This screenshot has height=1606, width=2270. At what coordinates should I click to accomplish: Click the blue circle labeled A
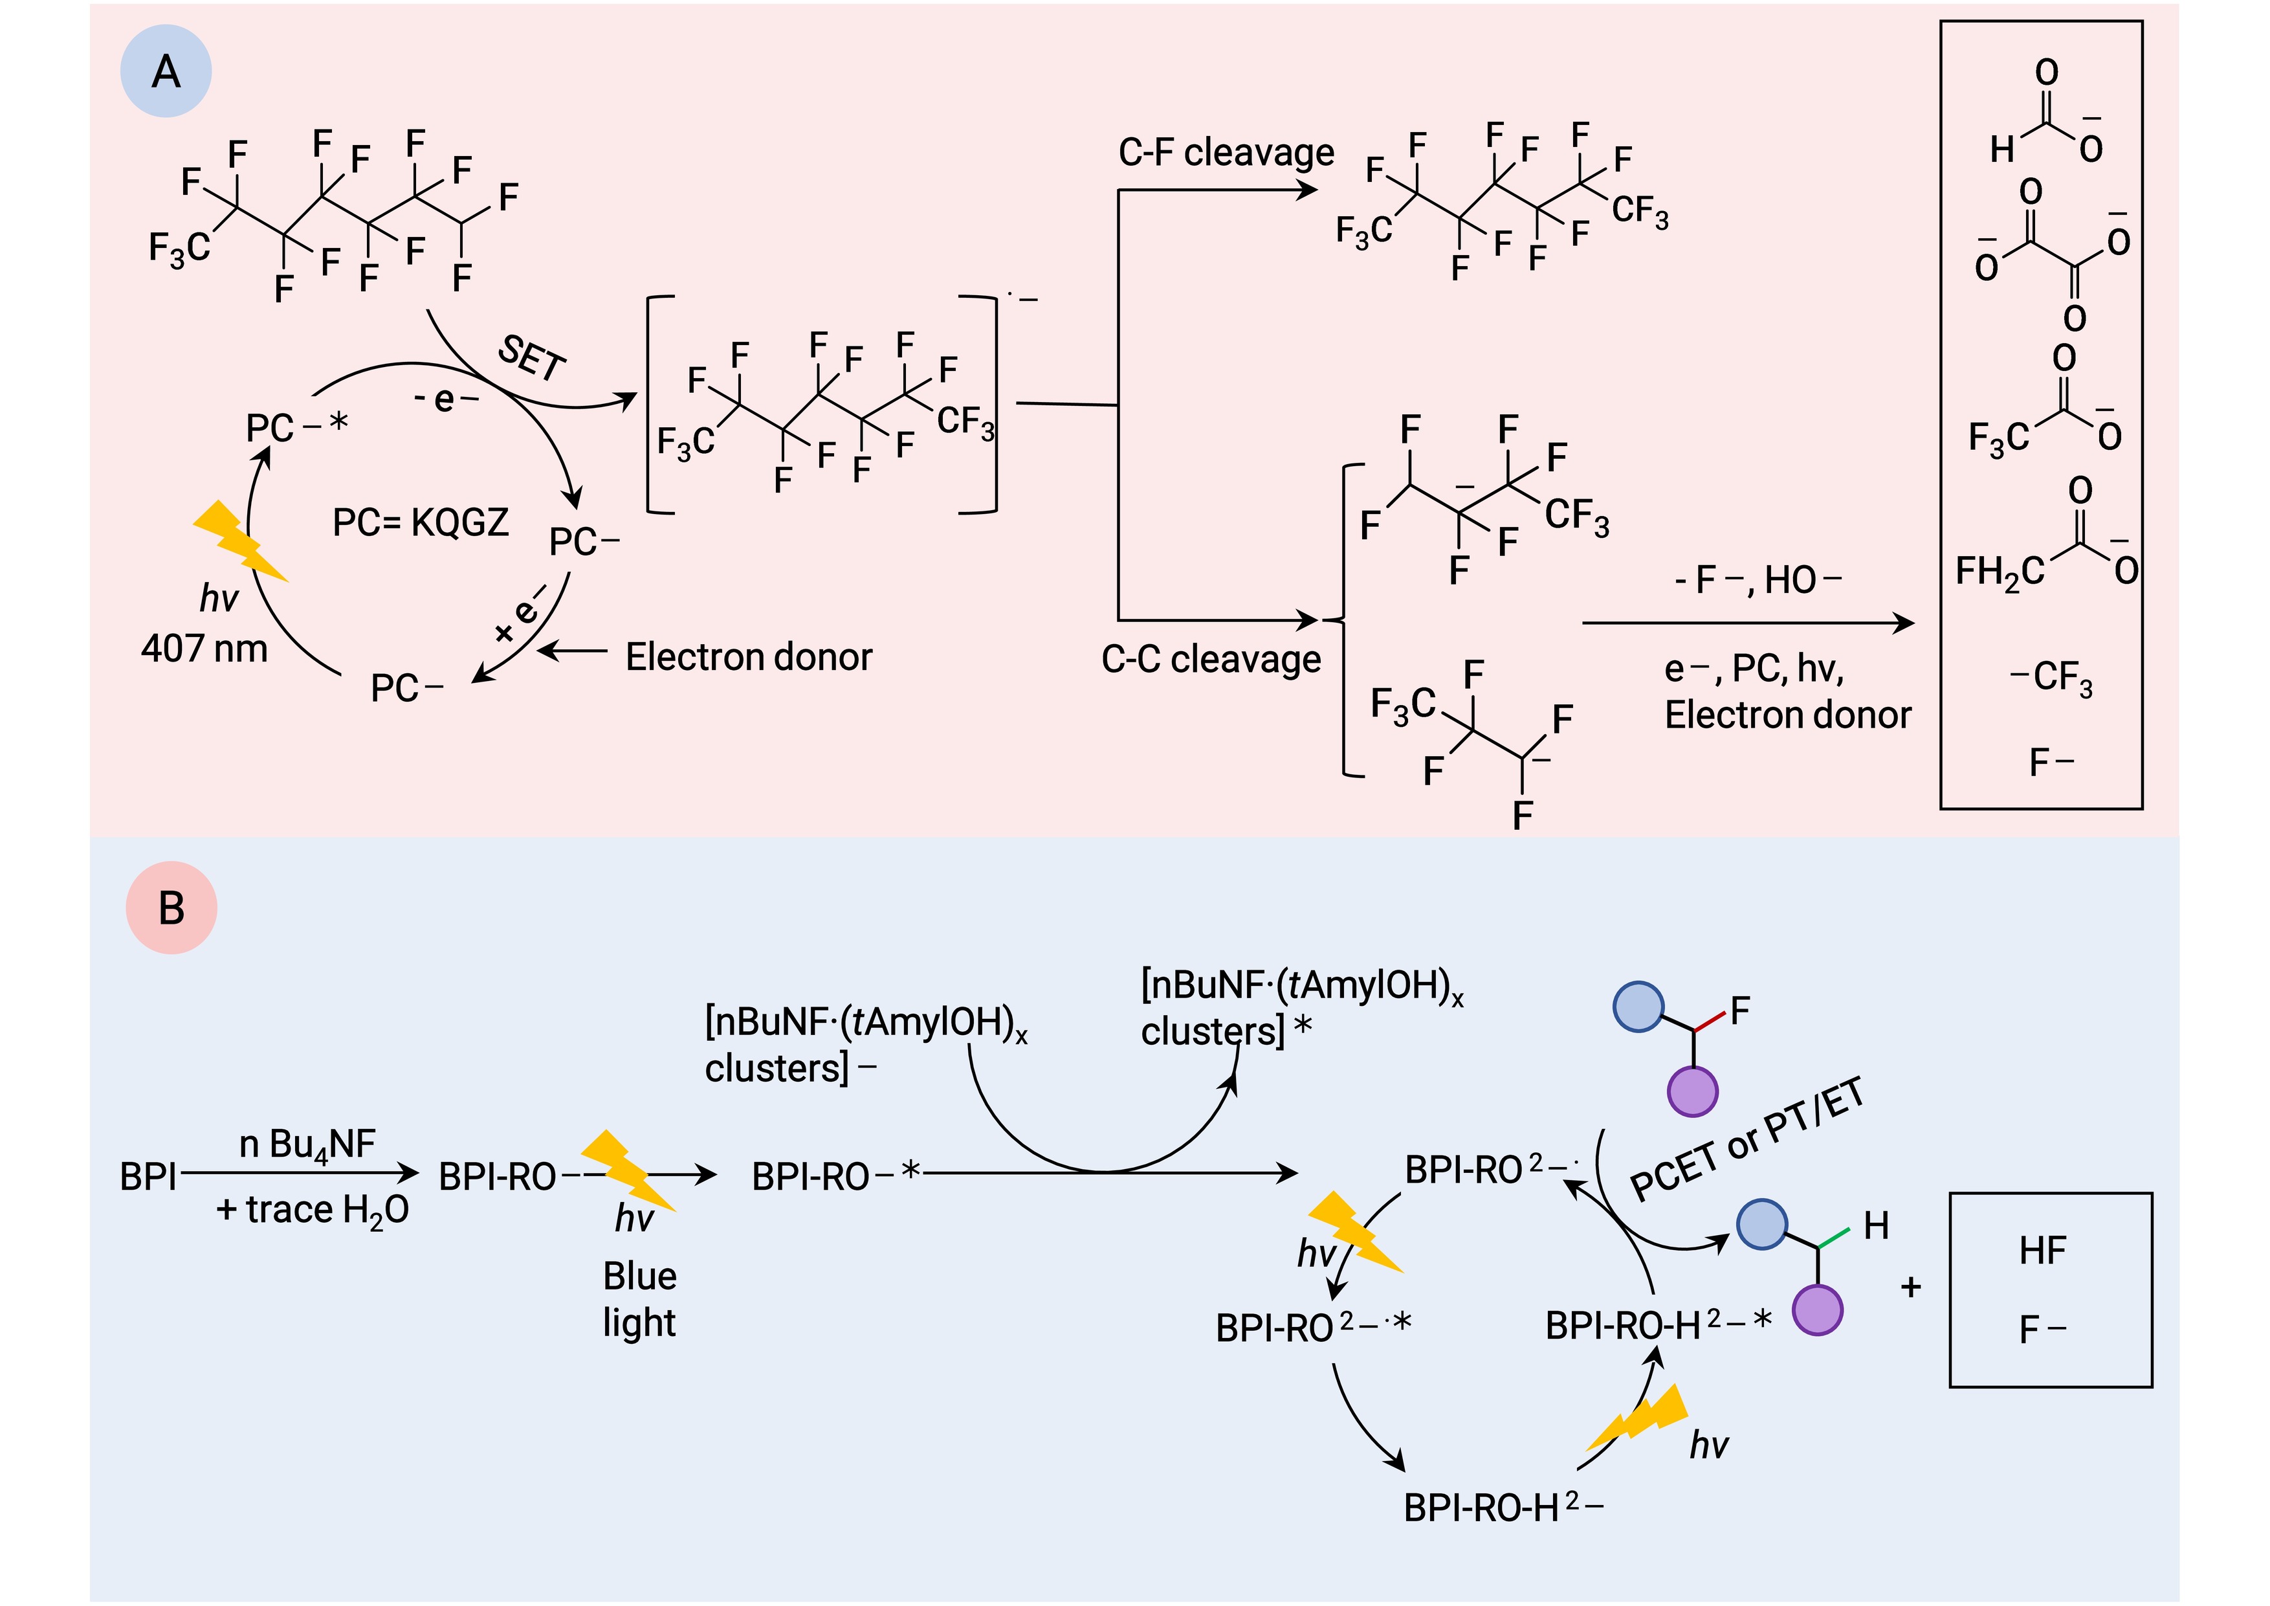click(x=166, y=71)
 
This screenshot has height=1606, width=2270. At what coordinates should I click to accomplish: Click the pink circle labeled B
click(x=171, y=908)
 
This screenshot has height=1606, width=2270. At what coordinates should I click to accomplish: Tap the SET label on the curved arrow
click(x=532, y=357)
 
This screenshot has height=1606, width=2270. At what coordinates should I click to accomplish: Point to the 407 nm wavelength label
click(x=204, y=649)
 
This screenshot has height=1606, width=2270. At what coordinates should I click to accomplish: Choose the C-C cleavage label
click(x=1211, y=658)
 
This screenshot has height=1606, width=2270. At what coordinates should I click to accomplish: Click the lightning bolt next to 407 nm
click(x=240, y=542)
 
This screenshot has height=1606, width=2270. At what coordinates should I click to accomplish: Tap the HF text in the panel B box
click(x=2043, y=1251)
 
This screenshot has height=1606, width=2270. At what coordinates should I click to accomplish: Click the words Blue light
click(x=640, y=1299)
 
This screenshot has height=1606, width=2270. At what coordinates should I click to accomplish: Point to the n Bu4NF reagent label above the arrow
click(x=307, y=1145)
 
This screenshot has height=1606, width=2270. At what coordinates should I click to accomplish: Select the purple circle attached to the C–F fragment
click(x=1693, y=1092)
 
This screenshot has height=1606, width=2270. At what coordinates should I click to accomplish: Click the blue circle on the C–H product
click(x=1762, y=1224)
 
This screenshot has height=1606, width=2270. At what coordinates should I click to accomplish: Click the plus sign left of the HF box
click(x=1911, y=1287)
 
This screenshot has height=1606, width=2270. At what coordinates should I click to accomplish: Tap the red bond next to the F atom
click(x=1710, y=1021)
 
